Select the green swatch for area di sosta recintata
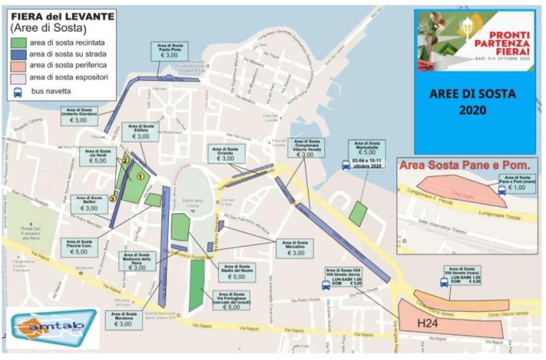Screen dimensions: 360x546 (x=19, y=41)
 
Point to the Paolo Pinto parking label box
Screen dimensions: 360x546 (x=170, y=52)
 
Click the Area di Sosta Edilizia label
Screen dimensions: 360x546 (x=140, y=132)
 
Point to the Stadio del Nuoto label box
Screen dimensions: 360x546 (x=237, y=272)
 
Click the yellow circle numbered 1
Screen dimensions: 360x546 (x=140, y=176)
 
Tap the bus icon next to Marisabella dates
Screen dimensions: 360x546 (x=346, y=164)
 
